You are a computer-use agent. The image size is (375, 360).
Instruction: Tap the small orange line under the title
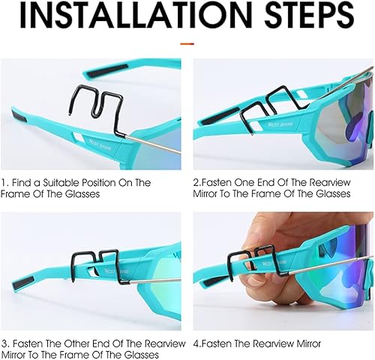187,43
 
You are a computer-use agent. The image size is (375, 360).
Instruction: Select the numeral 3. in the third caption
5,343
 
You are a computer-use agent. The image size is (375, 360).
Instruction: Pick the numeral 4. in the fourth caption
197,343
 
